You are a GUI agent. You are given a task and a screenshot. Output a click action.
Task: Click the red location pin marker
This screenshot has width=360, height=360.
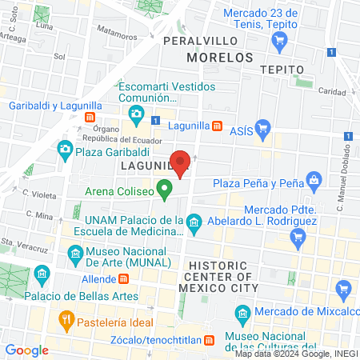pos(182,163)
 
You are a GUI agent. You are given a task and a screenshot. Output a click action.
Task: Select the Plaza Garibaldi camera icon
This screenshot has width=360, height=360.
pos(65,148)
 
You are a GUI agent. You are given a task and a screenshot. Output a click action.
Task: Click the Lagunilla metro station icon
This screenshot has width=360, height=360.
pos(217,126)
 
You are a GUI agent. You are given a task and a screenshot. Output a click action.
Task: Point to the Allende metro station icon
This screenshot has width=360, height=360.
pos(124,279)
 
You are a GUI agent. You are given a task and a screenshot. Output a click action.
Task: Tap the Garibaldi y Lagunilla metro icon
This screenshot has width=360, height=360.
pos(90,118)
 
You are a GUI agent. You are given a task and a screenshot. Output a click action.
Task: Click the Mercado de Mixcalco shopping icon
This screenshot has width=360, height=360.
pos(345,289)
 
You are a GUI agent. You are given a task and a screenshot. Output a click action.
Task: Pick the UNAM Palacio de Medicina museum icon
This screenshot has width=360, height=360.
pos(193,221)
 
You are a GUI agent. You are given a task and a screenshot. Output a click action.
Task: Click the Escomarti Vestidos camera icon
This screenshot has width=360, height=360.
pos(137,115)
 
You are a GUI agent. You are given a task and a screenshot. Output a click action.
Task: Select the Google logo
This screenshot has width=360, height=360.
pos(26,350)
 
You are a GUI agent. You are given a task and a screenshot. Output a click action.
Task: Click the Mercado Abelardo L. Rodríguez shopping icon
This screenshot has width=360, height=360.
pos(298,236)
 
